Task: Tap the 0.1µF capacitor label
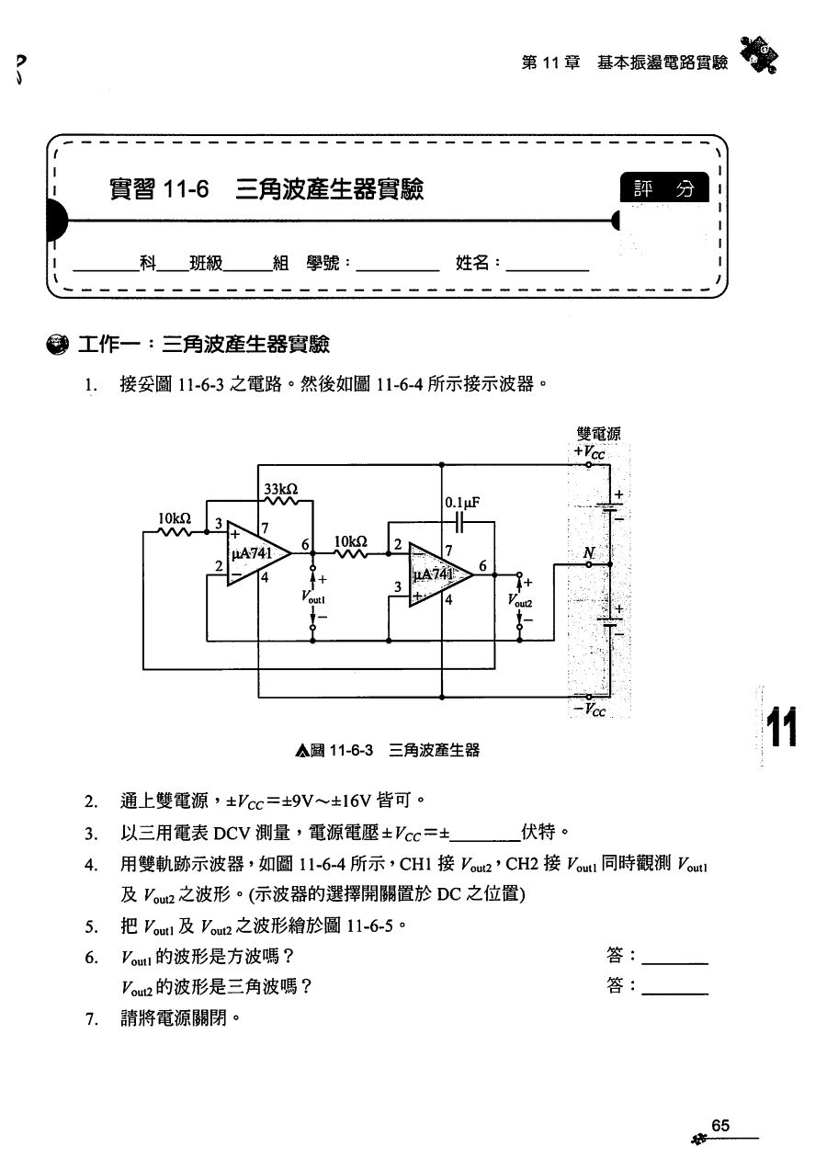click(x=462, y=503)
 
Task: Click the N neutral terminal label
click(x=588, y=553)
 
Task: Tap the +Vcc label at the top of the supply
click(x=589, y=452)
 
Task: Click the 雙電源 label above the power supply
click(x=598, y=435)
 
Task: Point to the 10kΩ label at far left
click(x=175, y=518)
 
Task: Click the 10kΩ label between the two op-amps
click(x=350, y=541)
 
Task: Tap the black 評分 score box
click(x=664, y=188)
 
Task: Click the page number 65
click(x=719, y=1126)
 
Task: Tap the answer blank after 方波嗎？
click(x=674, y=957)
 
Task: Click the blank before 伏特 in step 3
click(x=485, y=835)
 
